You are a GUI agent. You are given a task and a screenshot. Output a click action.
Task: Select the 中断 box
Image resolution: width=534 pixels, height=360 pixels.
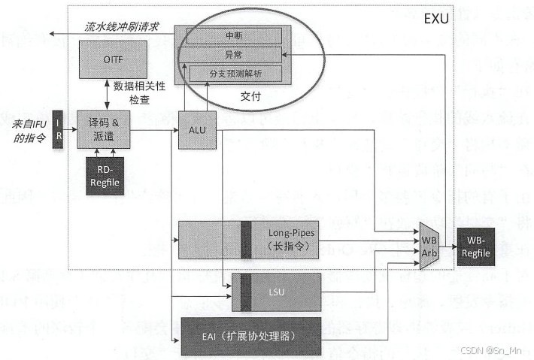(233, 35)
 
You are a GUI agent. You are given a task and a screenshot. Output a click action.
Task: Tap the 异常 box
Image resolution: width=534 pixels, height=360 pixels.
(233, 54)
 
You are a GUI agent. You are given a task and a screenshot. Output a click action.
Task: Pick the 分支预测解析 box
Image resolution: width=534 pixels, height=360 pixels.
(235, 74)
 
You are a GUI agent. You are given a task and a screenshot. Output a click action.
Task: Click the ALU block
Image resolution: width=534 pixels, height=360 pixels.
(197, 129)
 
